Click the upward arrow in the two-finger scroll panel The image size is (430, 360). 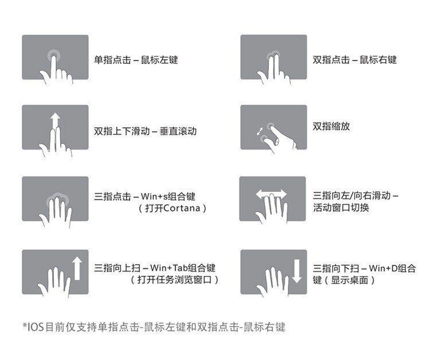55,120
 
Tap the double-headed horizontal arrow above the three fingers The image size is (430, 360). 271,194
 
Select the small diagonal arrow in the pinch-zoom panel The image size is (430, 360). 259,131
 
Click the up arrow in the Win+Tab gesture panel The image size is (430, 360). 77,268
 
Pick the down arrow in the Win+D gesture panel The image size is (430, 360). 297,271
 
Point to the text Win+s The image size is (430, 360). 154,196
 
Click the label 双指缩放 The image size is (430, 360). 331,126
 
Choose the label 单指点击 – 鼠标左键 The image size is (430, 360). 136,60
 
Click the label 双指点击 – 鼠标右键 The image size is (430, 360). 355,60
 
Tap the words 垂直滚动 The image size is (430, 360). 178,131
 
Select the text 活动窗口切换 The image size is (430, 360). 341,208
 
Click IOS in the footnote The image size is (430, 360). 35,327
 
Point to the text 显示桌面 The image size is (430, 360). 349,280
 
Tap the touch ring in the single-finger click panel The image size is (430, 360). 54,56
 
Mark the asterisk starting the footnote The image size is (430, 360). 25,325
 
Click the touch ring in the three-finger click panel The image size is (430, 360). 57,199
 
